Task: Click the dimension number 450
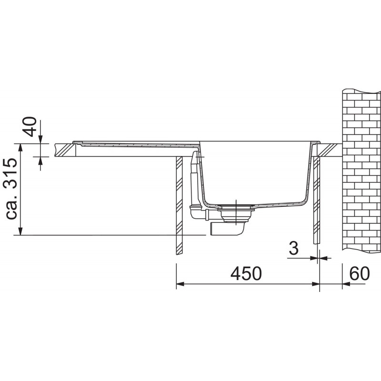tap(246, 273)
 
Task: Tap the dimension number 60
tap(360, 273)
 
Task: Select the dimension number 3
tap(294, 248)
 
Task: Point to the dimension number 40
tap(30, 127)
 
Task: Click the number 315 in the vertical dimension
tap(11, 173)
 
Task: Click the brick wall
tap(361, 170)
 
